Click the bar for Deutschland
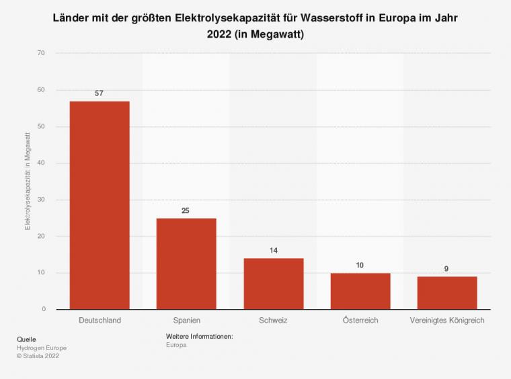(100, 205)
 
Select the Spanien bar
(186, 263)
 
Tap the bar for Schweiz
(273, 284)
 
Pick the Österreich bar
(360, 291)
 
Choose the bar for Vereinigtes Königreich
(446, 292)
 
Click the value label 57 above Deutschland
(100, 93)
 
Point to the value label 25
(186, 210)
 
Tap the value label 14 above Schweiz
(273, 251)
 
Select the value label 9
(446, 269)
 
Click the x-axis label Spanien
(186, 321)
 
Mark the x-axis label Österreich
(360, 321)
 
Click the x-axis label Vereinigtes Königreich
(446, 321)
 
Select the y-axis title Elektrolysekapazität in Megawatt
(28, 181)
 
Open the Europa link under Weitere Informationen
(175, 344)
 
